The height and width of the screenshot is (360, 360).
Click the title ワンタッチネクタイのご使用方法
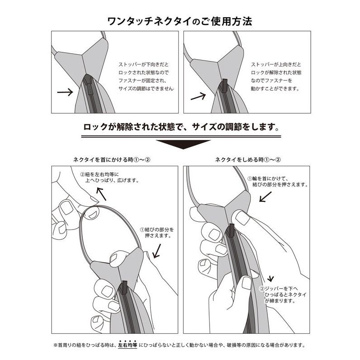point(180,22)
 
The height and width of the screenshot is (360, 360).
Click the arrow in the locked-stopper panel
point(65,92)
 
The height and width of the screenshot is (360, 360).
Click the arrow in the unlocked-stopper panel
point(198,96)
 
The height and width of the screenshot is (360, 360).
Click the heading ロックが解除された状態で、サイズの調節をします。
point(181,127)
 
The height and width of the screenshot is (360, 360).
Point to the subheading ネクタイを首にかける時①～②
point(112,159)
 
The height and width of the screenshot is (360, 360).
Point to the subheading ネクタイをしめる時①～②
point(248,159)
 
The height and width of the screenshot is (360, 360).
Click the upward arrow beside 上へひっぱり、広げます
point(101,194)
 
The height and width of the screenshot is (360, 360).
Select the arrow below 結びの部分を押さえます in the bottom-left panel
point(157,251)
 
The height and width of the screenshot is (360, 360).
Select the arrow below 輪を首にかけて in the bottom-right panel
point(266,197)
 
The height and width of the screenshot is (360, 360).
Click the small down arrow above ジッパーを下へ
point(271,279)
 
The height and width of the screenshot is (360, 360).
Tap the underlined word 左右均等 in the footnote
point(127,345)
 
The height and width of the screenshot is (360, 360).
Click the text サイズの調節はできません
point(146,89)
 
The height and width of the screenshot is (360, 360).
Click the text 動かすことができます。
point(275,89)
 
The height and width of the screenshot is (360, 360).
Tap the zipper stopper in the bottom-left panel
point(124,287)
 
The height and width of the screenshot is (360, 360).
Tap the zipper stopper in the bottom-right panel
point(231,229)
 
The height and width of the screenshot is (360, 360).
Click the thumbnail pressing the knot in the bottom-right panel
point(242,218)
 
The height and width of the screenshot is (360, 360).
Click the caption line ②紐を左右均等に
point(99,174)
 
